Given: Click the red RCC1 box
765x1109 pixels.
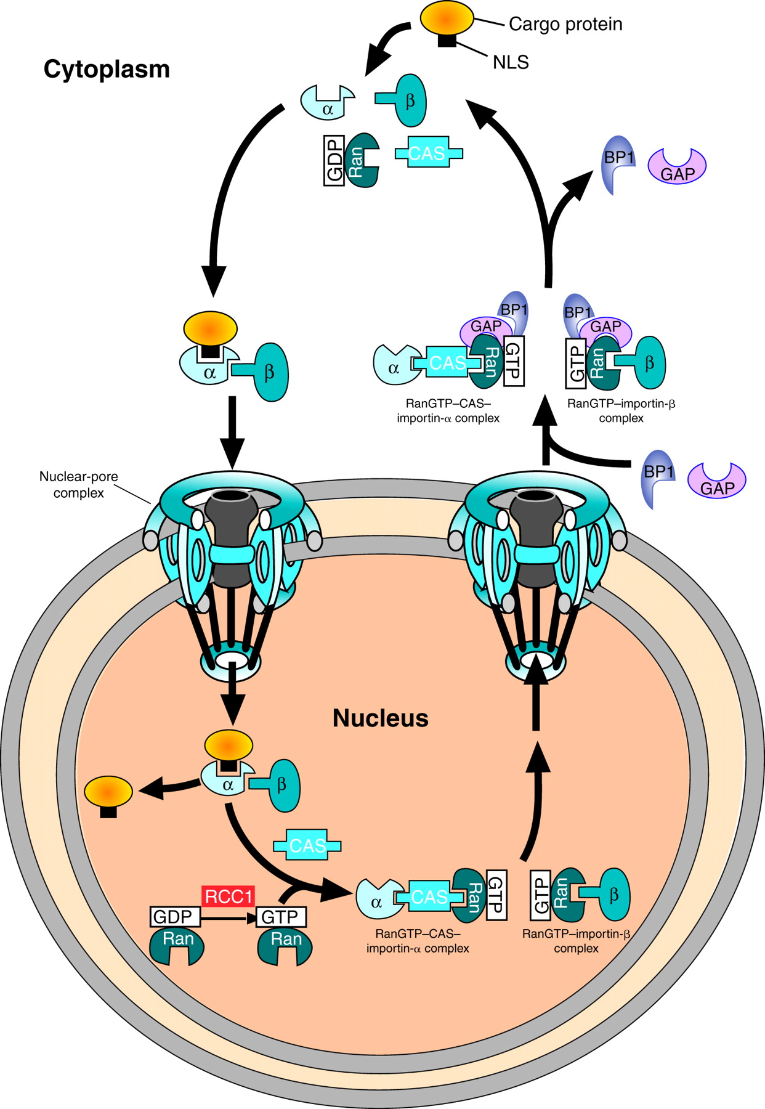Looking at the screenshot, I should pyautogui.click(x=228, y=896).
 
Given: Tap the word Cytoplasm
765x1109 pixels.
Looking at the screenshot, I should pyautogui.click(x=106, y=69).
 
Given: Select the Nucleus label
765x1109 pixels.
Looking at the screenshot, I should pyautogui.click(x=380, y=718).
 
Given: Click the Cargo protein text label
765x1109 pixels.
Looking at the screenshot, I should pyautogui.click(x=565, y=24).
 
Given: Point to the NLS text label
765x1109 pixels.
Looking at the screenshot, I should pyautogui.click(x=510, y=62).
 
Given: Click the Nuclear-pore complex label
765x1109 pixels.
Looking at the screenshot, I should pyautogui.click(x=78, y=484).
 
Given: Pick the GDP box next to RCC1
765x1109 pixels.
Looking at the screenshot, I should pyautogui.click(x=175, y=917).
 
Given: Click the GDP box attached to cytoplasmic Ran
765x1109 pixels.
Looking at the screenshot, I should pyautogui.click(x=334, y=161).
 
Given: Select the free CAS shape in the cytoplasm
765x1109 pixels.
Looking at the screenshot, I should pyautogui.click(x=428, y=153).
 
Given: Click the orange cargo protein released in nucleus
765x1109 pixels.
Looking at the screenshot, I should pyautogui.click(x=108, y=792).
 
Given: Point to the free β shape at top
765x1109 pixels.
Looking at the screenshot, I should pyautogui.click(x=407, y=100).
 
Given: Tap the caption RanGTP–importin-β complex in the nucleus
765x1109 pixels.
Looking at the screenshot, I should pyautogui.click(x=576, y=941).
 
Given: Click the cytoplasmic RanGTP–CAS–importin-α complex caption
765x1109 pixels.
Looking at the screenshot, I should pyautogui.click(x=448, y=411).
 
